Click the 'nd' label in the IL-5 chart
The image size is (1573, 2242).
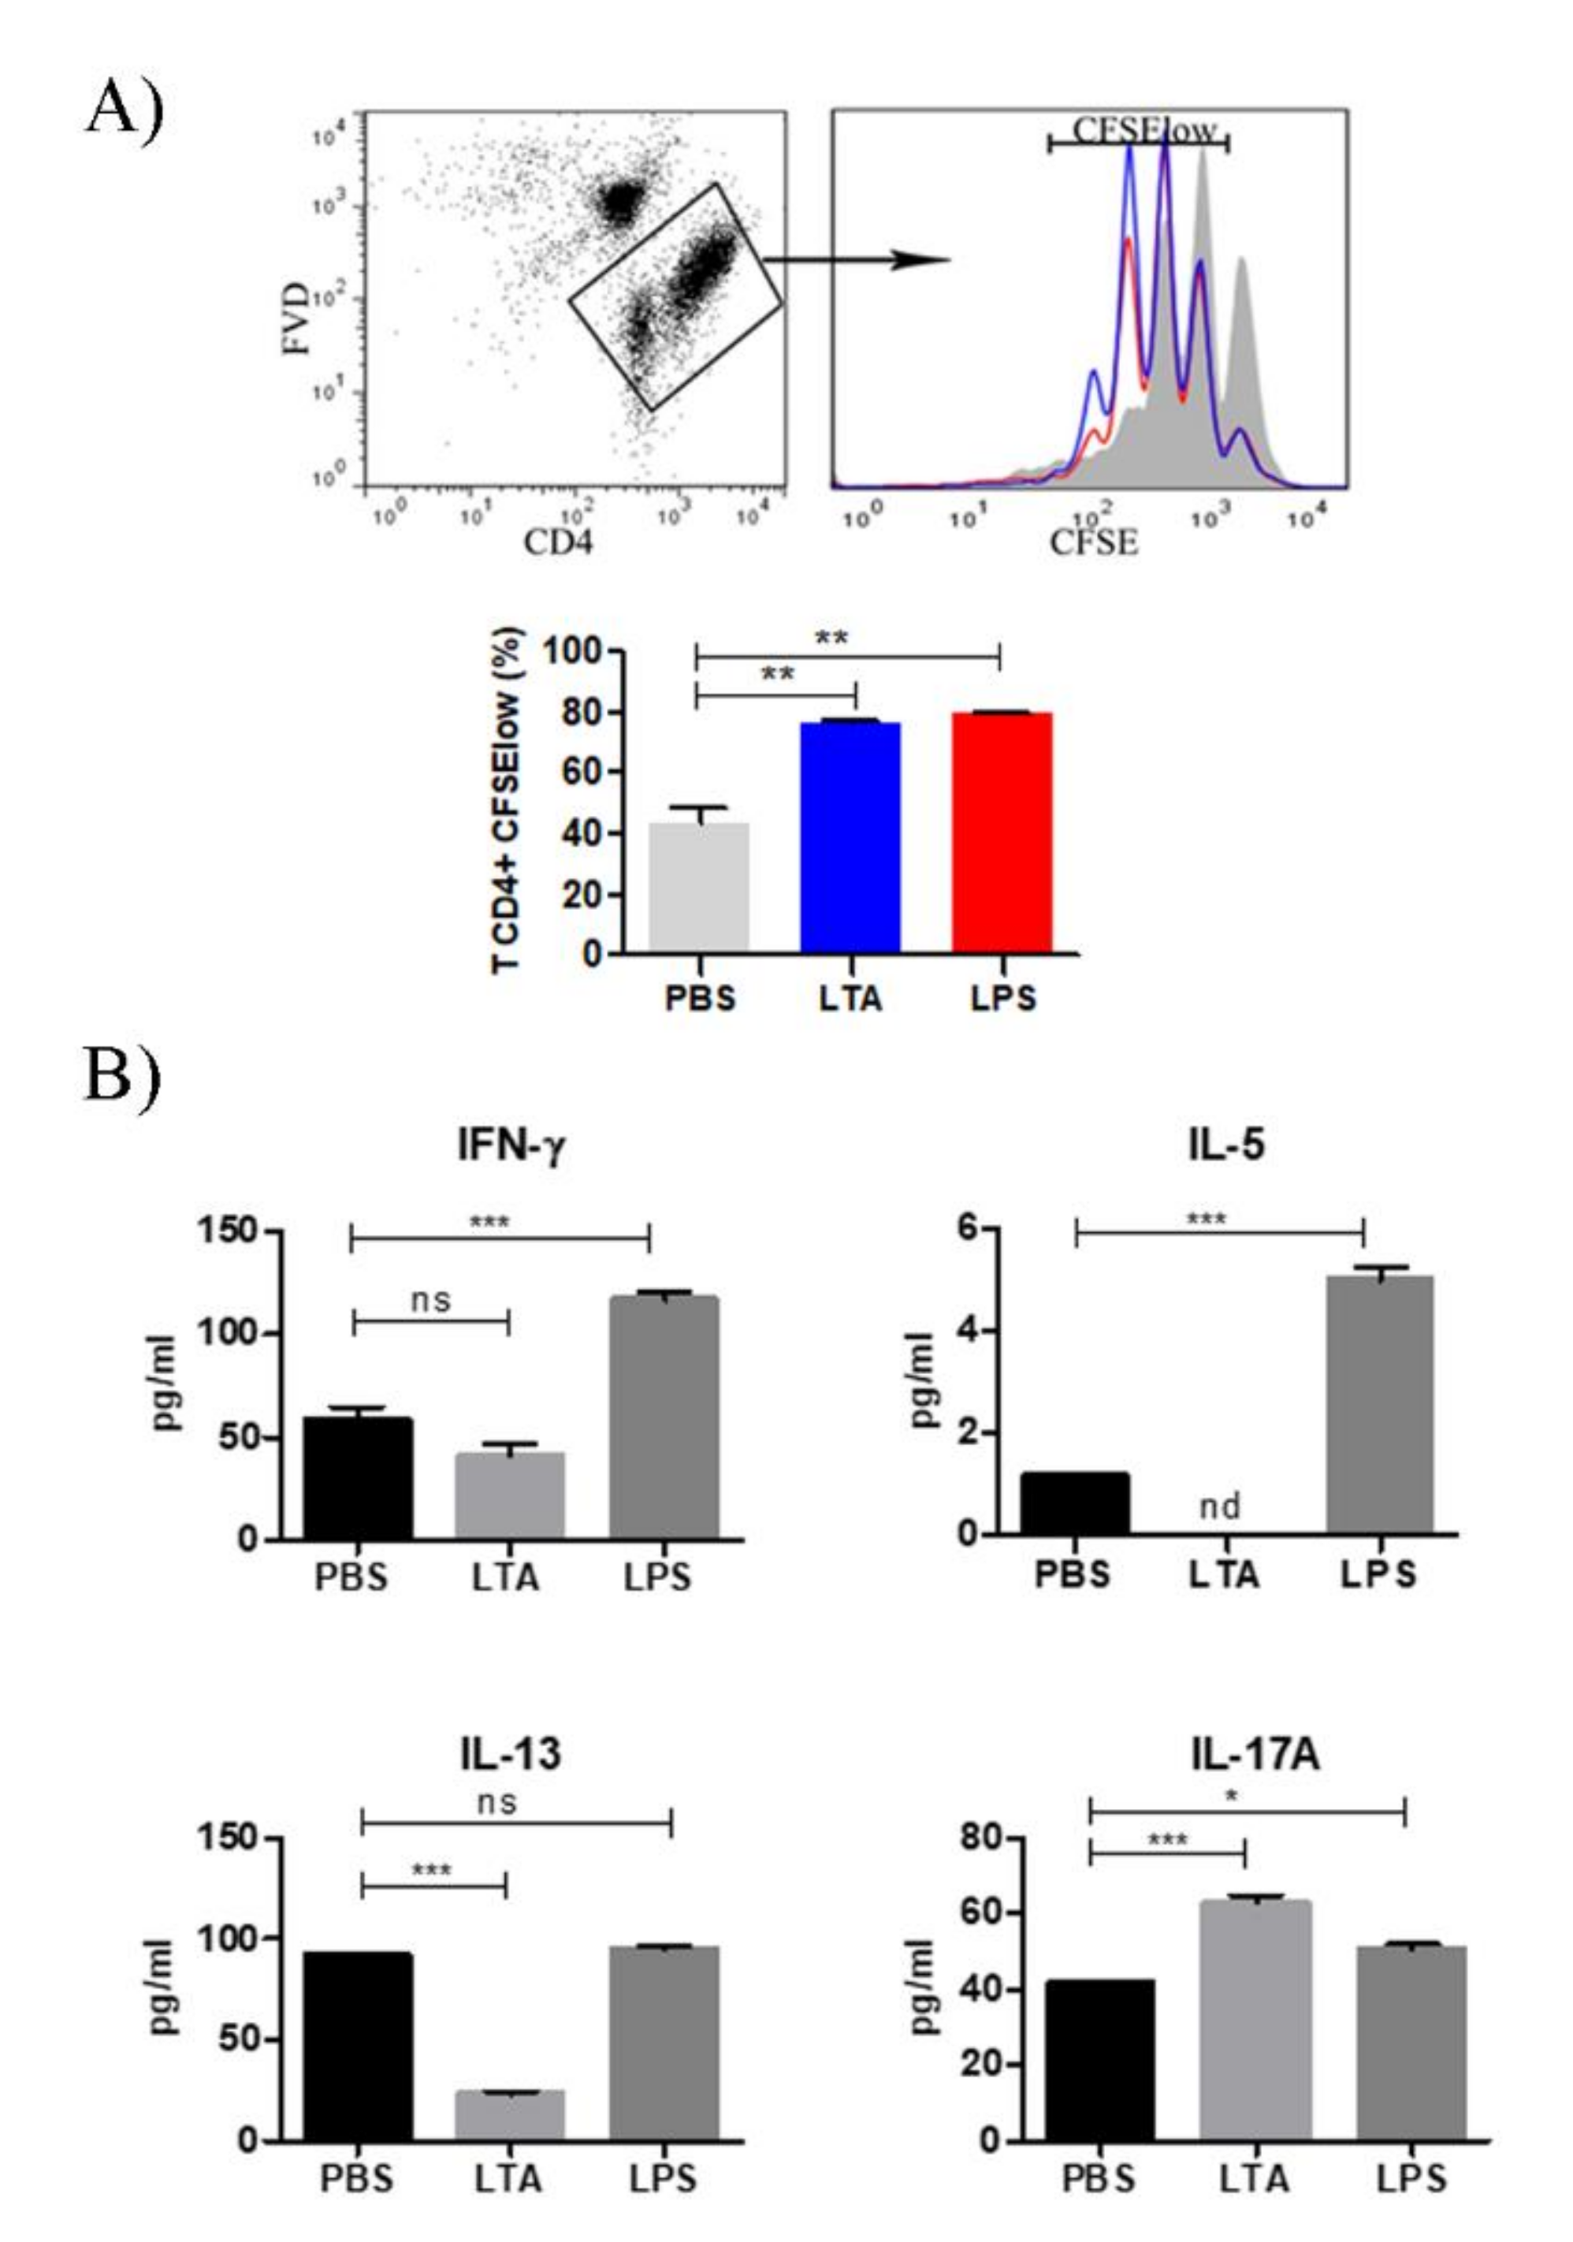(1219, 1506)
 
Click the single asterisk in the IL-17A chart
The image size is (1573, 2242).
(1233, 1796)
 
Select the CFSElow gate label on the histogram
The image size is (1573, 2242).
(1144, 130)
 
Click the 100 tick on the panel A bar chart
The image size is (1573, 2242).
(572, 651)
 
